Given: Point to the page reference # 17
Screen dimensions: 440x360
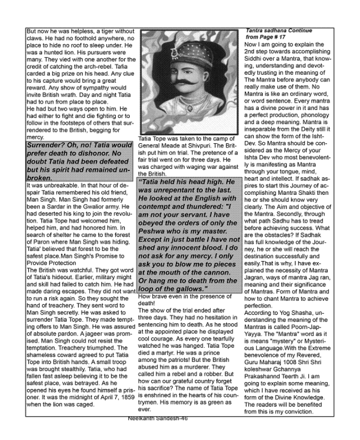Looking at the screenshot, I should click(x=279, y=38).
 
